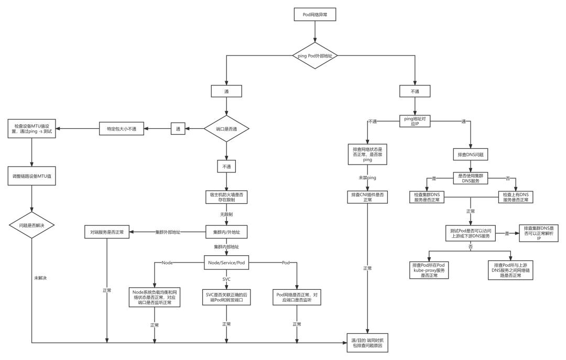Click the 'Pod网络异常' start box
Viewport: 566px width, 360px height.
tap(315, 15)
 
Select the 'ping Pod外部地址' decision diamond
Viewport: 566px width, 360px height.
tap(315, 55)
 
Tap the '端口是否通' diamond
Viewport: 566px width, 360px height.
tap(226, 128)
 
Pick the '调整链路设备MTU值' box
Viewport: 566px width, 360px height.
tap(32, 176)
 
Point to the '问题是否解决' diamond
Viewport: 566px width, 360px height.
tap(32, 225)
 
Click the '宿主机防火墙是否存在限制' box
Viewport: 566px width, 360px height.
tap(226, 197)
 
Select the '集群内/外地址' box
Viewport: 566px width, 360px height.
tap(226, 232)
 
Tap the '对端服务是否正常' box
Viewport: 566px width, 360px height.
tap(107, 232)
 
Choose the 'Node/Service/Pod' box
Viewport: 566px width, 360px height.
tap(226, 263)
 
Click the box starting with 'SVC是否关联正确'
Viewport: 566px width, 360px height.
tap(226, 297)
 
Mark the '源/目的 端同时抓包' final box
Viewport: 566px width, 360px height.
tap(367, 344)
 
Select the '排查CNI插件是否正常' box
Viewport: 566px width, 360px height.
tap(367, 197)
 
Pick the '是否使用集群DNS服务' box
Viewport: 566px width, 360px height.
tap(470, 179)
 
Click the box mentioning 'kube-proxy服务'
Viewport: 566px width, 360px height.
tap(429, 270)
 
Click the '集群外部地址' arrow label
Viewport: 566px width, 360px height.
tap(168, 232)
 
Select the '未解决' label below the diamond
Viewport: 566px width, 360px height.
tap(40, 277)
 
